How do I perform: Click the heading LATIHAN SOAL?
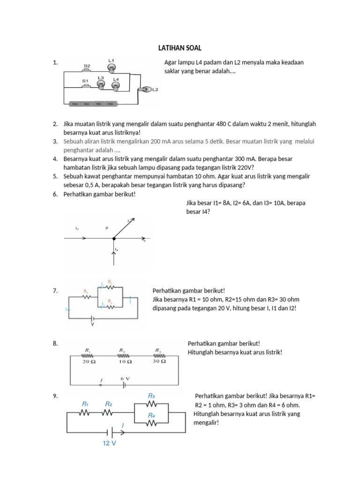180,48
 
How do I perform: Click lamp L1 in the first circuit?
112,68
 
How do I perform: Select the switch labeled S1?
85,86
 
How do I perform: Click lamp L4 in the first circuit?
116,85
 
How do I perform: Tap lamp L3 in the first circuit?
101,84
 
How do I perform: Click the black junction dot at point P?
114,239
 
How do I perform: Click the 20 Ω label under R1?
88,362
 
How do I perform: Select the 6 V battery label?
125,378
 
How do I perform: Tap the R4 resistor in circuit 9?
151,423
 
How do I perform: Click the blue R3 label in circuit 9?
151,395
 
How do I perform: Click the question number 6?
55,194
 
